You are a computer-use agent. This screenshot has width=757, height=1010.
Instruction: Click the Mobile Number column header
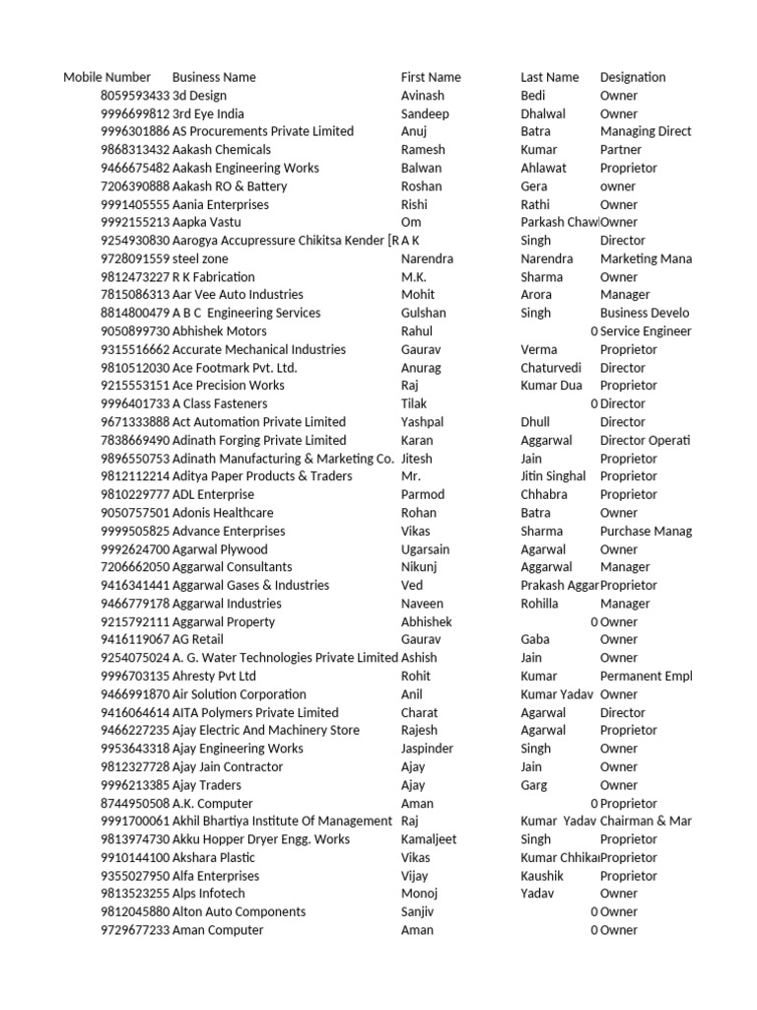(x=106, y=77)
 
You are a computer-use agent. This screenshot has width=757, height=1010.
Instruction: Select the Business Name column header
(x=214, y=77)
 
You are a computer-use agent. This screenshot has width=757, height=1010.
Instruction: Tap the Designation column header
(x=632, y=77)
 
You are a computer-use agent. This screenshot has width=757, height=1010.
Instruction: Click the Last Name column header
(x=549, y=77)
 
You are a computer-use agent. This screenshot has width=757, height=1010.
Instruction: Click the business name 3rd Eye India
(x=208, y=113)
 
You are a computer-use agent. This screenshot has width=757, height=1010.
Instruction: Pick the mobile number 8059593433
(x=135, y=96)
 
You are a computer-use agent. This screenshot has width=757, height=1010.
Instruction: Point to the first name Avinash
(x=422, y=96)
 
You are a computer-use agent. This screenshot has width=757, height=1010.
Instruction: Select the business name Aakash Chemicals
(x=221, y=150)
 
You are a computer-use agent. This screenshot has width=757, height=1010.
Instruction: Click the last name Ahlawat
(x=543, y=168)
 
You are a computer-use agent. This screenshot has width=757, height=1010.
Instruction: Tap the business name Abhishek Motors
(x=219, y=331)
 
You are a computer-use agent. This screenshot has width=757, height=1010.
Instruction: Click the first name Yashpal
(x=422, y=422)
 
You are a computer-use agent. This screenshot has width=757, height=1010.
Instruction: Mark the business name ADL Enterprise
(x=213, y=494)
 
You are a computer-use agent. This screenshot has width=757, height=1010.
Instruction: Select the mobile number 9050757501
(x=135, y=513)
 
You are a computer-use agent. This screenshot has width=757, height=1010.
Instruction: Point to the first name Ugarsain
(x=425, y=549)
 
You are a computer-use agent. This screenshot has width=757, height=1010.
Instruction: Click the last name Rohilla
(x=539, y=604)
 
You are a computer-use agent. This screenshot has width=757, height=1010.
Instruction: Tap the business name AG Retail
(x=199, y=639)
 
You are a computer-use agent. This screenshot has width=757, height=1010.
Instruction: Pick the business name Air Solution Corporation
(x=239, y=694)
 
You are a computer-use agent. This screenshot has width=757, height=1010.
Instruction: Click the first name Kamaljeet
(x=430, y=839)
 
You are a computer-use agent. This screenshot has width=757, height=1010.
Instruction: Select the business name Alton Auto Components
(x=239, y=911)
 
